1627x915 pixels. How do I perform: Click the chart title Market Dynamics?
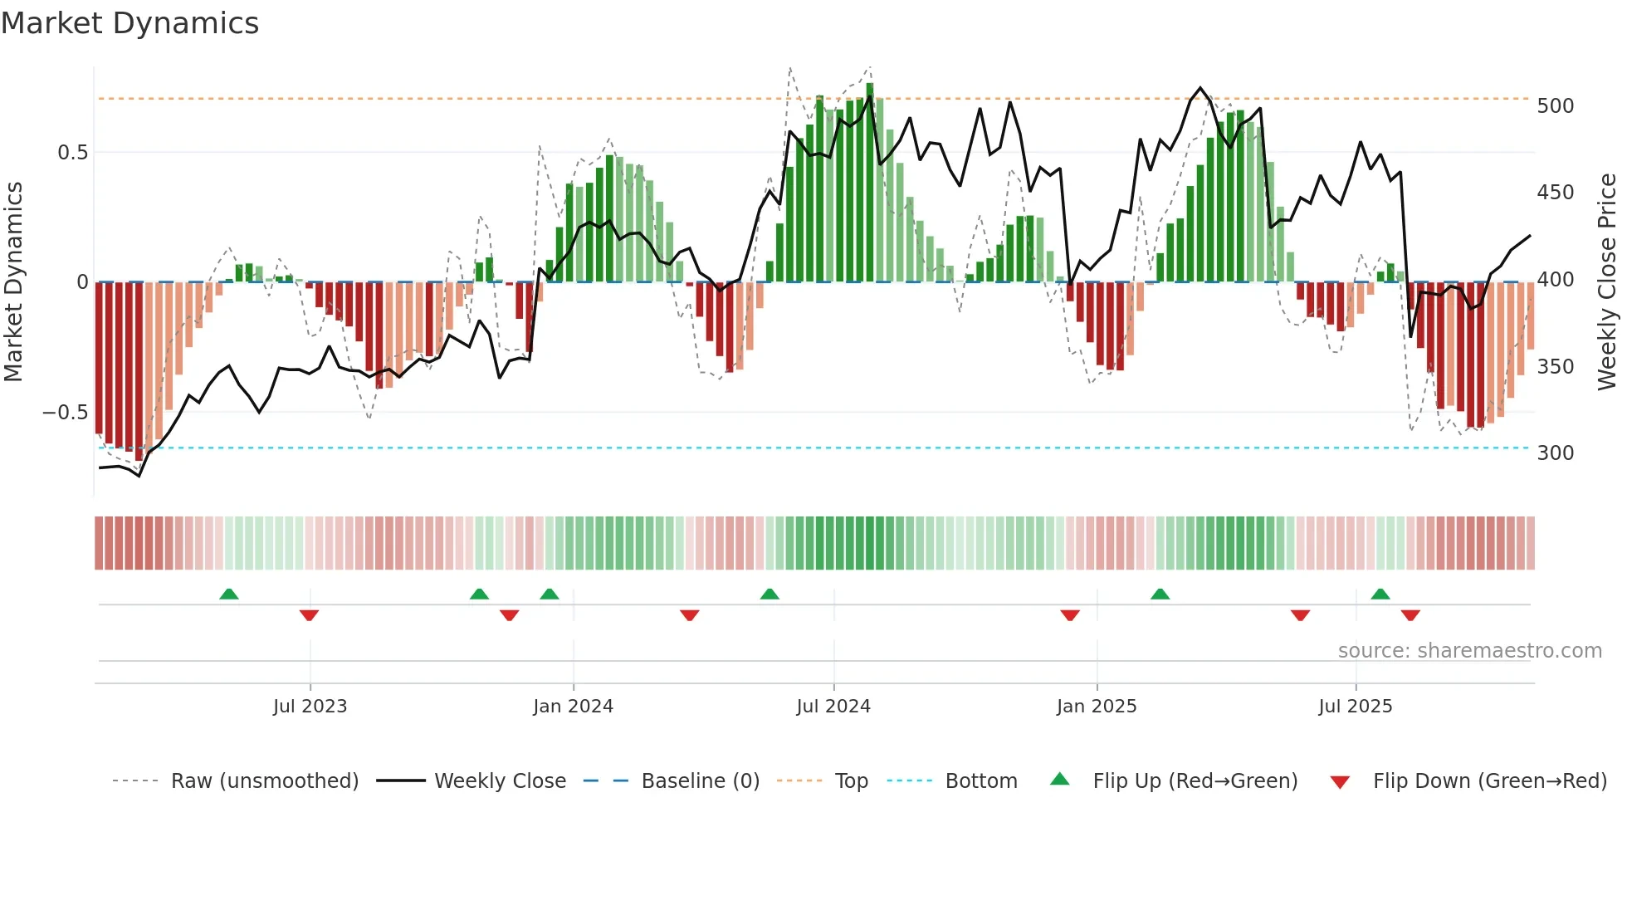point(129,23)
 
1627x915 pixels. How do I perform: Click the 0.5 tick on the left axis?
point(72,153)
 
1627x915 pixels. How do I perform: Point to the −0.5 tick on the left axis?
point(65,413)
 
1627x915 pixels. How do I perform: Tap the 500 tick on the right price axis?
point(1555,106)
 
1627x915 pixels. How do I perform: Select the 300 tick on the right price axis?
point(1555,453)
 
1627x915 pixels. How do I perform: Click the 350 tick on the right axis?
point(1555,367)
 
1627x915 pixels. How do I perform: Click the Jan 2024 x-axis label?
point(573,707)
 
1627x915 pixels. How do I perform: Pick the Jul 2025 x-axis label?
point(1355,707)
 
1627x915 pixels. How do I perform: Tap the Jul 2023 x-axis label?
point(310,707)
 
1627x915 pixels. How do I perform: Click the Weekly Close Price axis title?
point(1607,282)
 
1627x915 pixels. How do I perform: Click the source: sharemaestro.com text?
point(1469,651)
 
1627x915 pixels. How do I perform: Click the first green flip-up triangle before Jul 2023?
point(229,594)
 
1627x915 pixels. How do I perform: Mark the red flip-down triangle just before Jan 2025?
point(1070,615)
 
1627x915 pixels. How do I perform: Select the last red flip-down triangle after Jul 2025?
point(1410,615)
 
